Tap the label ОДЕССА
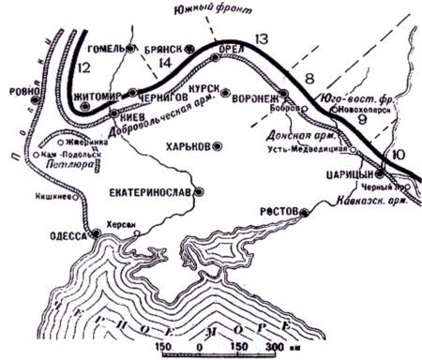pos(67,237)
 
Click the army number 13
pos(261,38)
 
